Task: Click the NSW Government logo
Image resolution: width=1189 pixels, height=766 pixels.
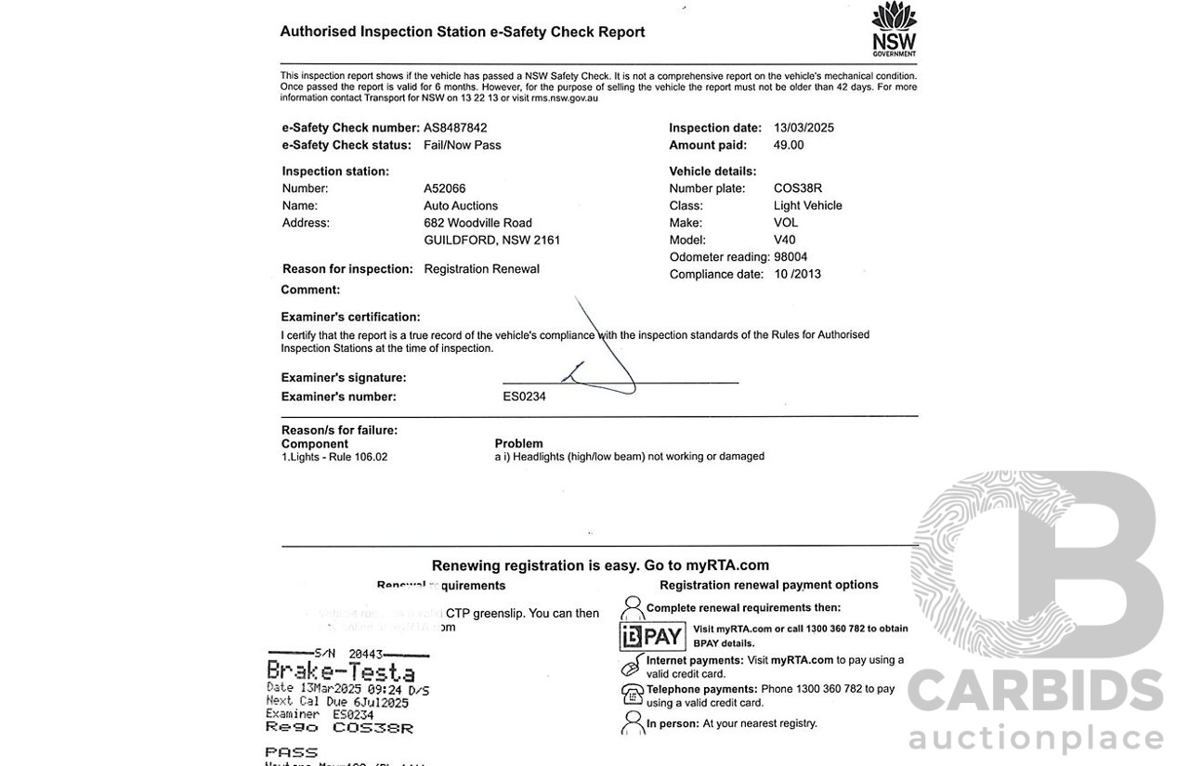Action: (894, 29)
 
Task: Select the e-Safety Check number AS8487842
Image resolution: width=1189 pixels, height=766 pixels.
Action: (455, 128)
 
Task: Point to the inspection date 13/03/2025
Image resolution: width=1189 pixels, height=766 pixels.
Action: (804, 128)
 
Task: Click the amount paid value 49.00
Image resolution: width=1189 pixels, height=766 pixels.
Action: (789, 145)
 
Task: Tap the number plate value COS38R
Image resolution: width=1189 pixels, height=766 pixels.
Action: (798, 188)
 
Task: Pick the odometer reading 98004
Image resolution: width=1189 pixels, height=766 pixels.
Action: (790, 257)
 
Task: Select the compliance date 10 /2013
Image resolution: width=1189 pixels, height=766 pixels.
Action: (797, 274)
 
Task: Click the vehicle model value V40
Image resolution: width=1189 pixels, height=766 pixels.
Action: (785, 240)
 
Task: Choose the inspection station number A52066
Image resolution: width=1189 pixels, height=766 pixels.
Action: (445, 188)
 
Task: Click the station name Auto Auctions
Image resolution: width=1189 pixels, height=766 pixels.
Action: (461, 206)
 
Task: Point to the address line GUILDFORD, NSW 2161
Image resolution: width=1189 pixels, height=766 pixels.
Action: (492, 240)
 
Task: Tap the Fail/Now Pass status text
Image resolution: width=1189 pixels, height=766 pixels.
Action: (463, 145)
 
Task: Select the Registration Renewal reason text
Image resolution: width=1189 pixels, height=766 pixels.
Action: (481, 269)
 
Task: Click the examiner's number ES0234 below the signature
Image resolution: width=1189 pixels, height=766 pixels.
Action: (524, 396)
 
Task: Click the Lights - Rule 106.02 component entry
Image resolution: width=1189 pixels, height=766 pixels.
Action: (334, 457)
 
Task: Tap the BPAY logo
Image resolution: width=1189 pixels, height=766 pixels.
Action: (653, 636)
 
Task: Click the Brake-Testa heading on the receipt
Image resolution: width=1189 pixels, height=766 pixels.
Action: (341, 671)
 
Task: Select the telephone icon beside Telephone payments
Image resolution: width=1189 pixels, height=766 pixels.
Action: (632, 694)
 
